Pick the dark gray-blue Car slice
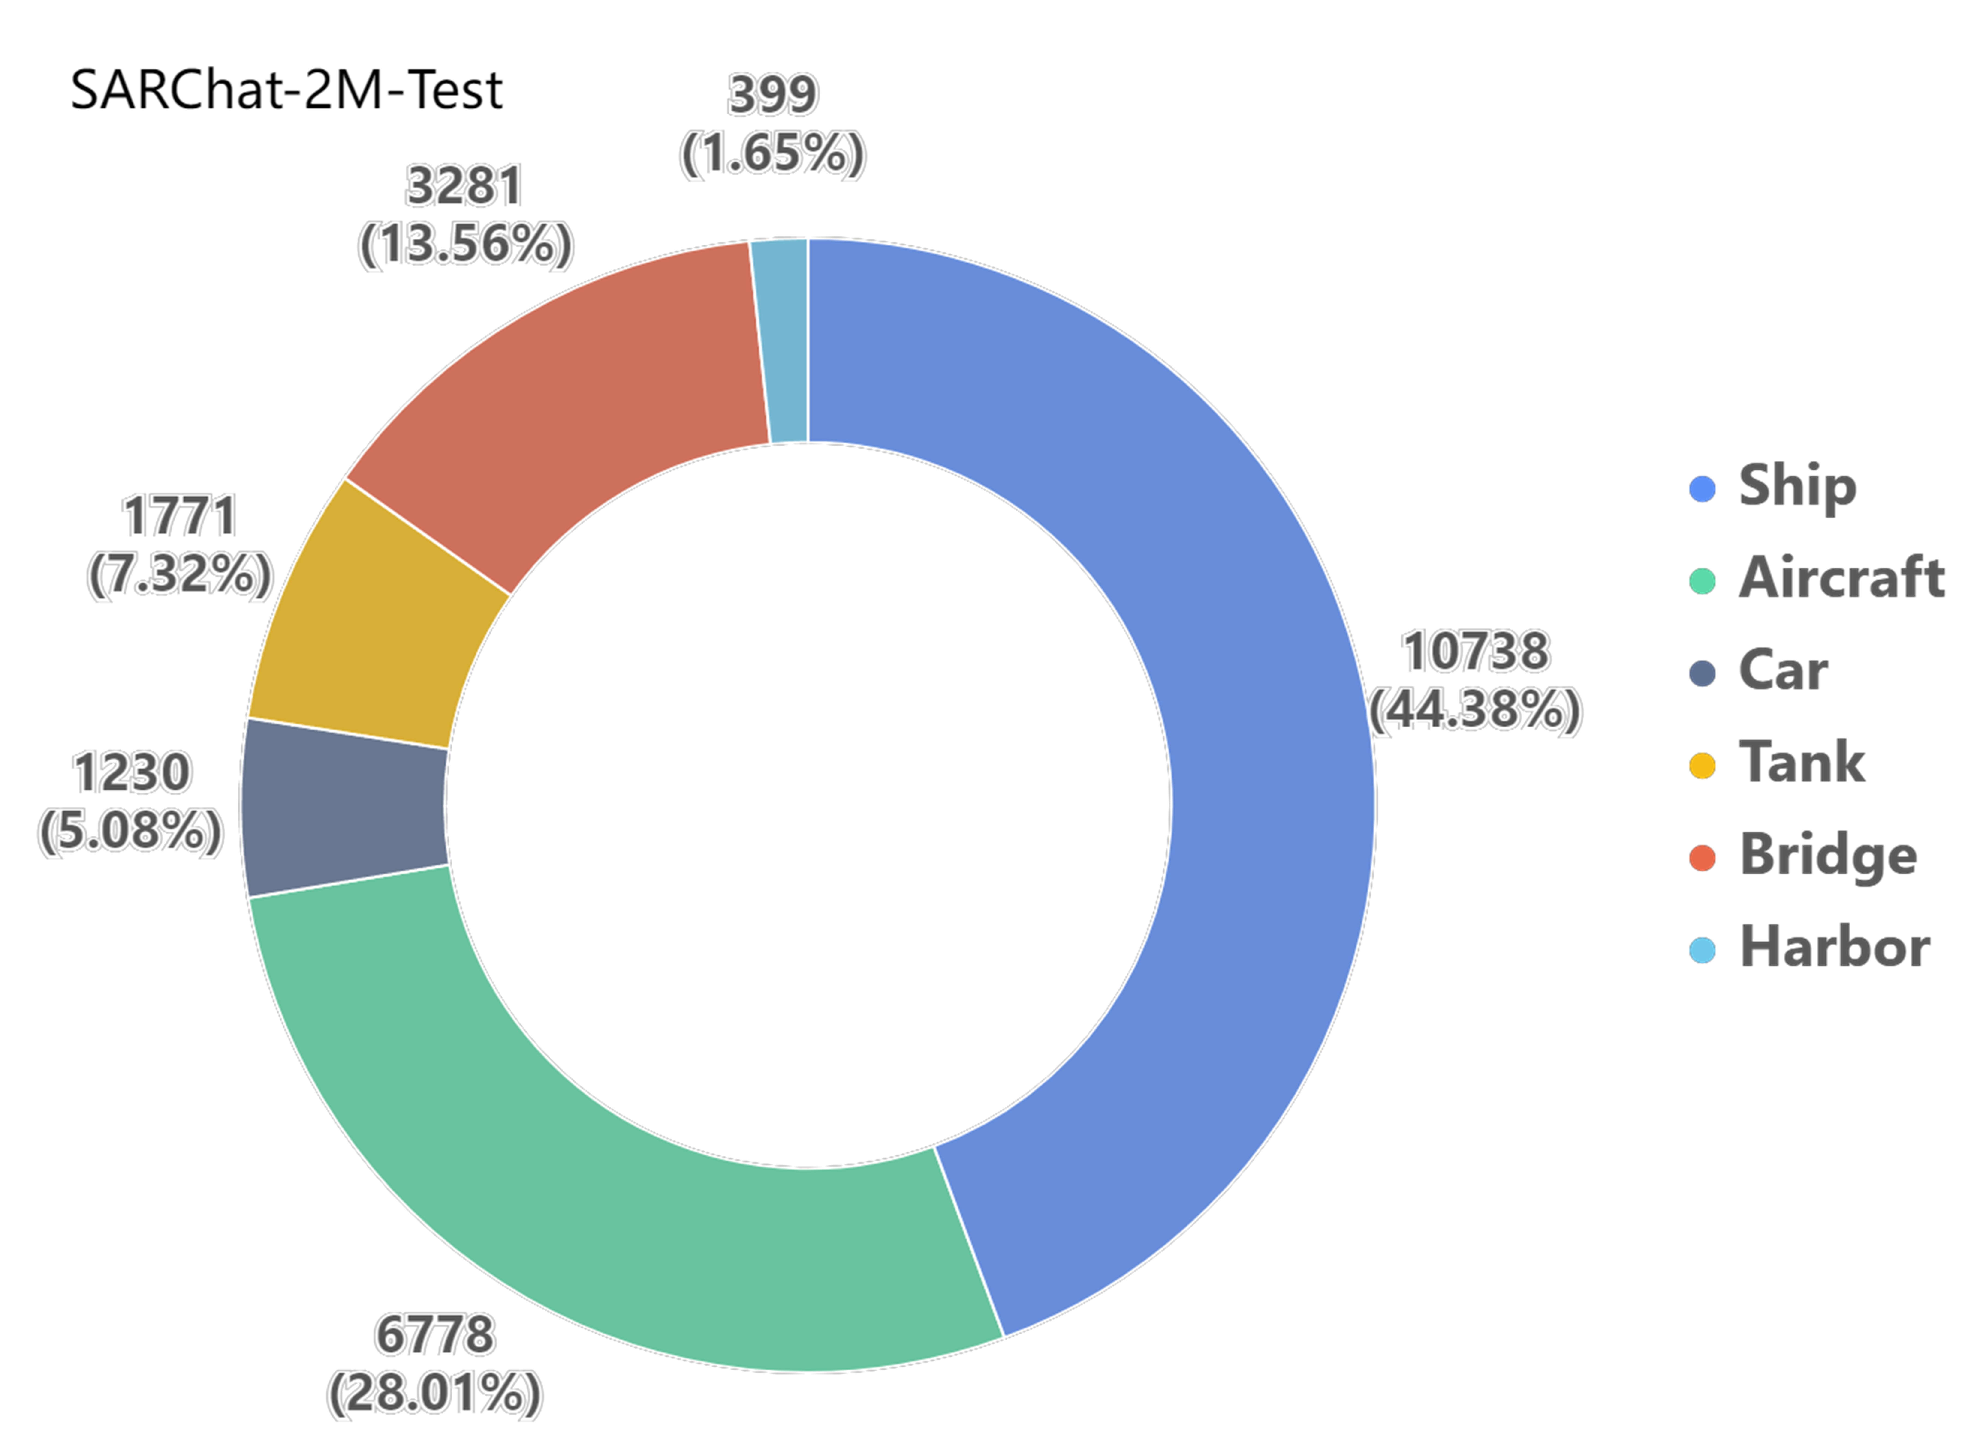[x=345, y=808]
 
